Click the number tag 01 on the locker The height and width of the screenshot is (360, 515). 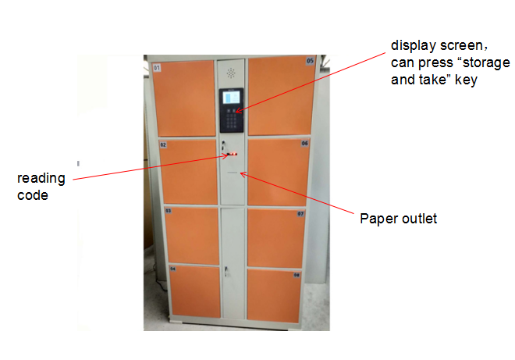(157, 68)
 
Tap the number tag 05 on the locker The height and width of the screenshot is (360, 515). (310, 61)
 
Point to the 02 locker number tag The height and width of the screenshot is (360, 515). (163, 144)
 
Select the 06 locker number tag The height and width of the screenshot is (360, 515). (305, 143)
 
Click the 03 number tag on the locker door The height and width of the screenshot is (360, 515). (169, 211)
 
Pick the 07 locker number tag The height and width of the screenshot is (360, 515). (300, 214)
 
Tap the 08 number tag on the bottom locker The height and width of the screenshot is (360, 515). (297, 275)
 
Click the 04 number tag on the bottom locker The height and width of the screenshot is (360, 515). (172, 269)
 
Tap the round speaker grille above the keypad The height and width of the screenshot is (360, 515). (231, 73)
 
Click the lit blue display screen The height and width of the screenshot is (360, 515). (231, 98)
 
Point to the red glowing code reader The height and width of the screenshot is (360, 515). (233, 154)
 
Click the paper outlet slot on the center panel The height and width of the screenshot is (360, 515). (233, 173)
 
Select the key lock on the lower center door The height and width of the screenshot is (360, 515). (226, 270)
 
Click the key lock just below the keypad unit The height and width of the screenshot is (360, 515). (223, 145)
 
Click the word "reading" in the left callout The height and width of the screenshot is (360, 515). (41, 179)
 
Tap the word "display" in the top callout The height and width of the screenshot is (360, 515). (414, 46)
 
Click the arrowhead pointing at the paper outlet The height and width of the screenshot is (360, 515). (243, 174)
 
